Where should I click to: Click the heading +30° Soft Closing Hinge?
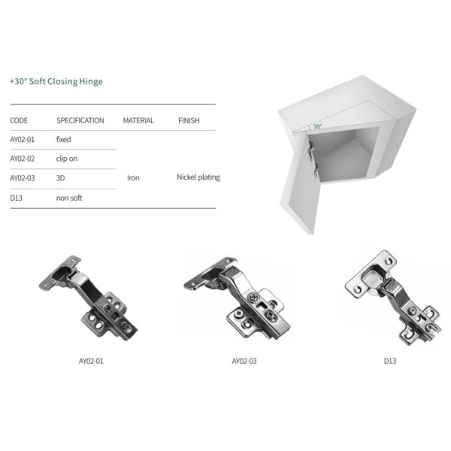coord(56,81)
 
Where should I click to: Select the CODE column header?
coord(19,120)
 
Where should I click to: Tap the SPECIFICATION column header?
coord(80,120)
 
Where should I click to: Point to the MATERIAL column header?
coord(138,120)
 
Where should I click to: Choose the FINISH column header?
coord(189,120)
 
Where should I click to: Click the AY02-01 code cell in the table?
coord(22,140)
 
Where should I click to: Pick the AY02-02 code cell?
coord(22,159)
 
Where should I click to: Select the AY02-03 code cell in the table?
coord(22,178)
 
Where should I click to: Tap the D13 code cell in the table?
coord(16,198)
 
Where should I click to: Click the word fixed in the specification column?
coord(64,139)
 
